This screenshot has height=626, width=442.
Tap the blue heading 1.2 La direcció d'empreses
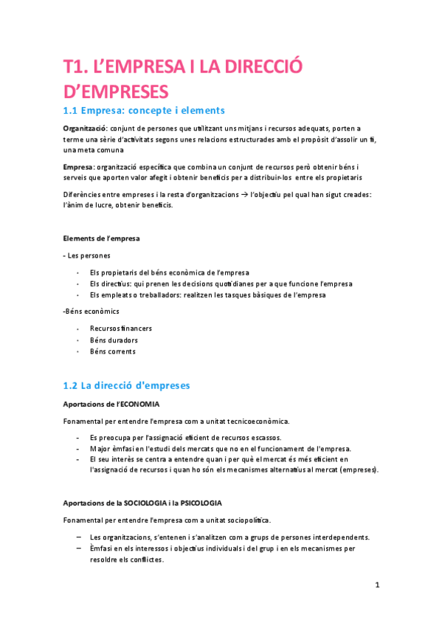click(x=126, y=385)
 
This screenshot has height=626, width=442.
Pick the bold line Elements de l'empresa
click(x=101, y=238)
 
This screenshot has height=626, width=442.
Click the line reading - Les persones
click(x=87, y=255)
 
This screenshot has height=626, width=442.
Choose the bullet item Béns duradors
click(x=114, y=340)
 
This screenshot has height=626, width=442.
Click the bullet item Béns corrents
click(x=113, y=351)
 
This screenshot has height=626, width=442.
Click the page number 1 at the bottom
click(x=377, y=585)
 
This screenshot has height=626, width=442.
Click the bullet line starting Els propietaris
click(x=170, y=272)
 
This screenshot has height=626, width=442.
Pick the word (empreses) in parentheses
click(x=355, y=469)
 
